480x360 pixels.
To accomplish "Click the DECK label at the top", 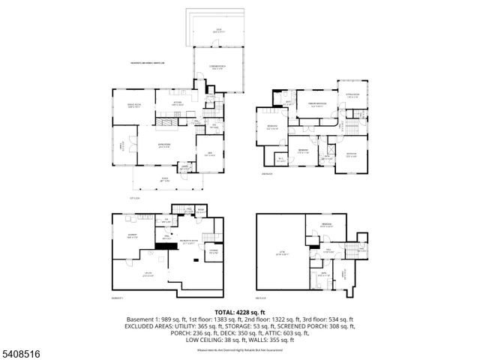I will tap(217, 31).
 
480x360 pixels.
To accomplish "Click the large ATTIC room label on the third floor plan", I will tap(282, 254).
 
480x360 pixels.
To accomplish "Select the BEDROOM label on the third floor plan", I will tap(327, 226).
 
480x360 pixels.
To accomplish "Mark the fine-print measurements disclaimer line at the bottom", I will tap(239, 349).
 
